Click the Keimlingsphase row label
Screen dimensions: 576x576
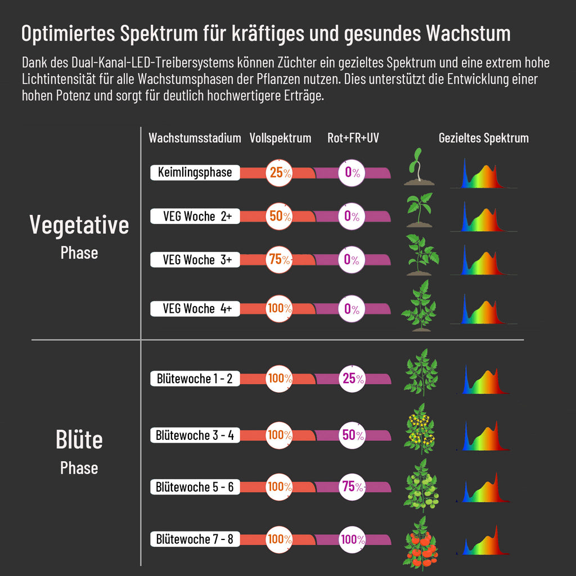point(195,172)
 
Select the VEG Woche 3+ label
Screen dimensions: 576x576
point(195,259)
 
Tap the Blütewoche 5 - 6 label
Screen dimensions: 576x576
point(195,487)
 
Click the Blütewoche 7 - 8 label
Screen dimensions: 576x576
point(195,539)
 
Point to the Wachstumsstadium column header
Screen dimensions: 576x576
point(195,138)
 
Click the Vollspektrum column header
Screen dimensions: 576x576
point(280,138)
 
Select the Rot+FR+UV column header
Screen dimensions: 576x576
point(353,138)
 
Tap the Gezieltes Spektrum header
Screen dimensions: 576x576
point(484,138)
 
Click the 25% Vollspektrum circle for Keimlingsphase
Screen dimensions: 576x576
point(279,172)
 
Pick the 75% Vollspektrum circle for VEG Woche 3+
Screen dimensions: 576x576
point(279,259)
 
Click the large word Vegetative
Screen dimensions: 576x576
point(79,224)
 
